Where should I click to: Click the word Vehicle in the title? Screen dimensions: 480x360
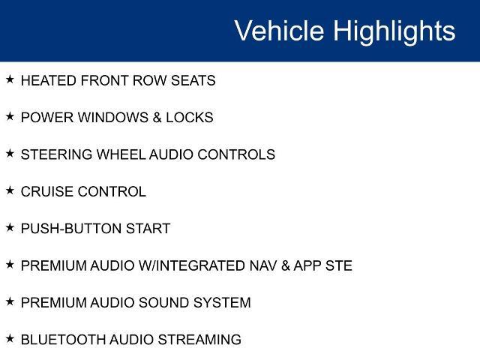(279, 30)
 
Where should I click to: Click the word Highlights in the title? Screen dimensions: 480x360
(394, 32)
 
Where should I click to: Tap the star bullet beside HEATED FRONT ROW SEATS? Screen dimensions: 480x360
(10, 79)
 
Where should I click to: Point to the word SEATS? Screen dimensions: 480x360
(193, 81)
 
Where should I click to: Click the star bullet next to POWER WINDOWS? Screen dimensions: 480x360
(10, 117)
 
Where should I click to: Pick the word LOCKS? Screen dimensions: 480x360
(190, 118)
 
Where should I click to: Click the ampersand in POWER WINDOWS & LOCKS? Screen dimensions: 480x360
(157, 118)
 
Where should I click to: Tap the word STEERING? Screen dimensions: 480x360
(56, 154)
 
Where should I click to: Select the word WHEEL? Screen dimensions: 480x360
(121, 154)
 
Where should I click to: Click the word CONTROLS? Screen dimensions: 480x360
(236, 154)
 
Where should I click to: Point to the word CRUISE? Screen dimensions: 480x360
(47, 192)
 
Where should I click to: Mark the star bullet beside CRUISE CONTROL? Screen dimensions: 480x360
(10, 190)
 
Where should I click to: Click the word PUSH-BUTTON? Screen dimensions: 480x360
(71, 229)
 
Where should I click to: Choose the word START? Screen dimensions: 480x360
(148, 229)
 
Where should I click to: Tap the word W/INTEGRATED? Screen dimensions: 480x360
(192, 265)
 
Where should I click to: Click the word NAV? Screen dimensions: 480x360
(263, 265)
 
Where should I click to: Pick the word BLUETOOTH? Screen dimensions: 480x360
(63, 340)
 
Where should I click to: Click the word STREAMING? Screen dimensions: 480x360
(199, 340)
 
